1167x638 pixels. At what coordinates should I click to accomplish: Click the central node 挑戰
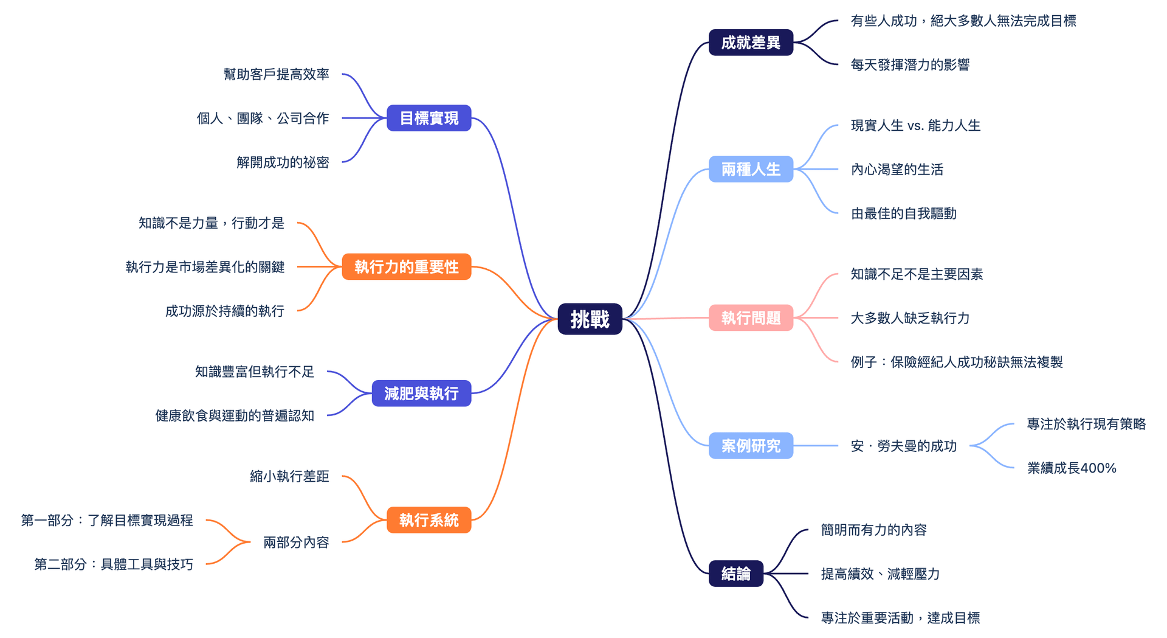[x=590, y=319]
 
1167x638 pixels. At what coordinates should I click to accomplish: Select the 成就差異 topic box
[x=751, y=43]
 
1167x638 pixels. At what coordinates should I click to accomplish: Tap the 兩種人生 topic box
[x=751, y=169]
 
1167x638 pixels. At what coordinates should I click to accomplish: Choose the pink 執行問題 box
[x=751, y=317]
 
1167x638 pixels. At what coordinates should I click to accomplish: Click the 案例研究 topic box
[x=751, y=446]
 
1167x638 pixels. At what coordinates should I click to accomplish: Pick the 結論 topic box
[x=735, y=574]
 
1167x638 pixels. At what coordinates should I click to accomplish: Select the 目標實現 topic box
[x=429, y=118]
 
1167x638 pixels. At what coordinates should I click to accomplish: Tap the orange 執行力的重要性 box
[x=406, y=266]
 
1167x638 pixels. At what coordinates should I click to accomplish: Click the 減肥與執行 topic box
[x=421, y=394]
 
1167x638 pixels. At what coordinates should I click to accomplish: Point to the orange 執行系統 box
[x=429, y=520]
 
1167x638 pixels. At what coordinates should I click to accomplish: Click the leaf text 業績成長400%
[x=1072, y=468]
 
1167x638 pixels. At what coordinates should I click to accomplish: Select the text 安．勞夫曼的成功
[x=904, y=446]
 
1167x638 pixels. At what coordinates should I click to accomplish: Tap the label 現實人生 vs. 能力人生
[x=915, y=126]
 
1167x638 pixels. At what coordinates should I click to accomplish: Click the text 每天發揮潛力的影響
[x=910, y=65]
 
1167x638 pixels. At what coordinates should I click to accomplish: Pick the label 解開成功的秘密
[x=283, y=162]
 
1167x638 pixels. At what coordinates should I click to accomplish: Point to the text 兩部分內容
[x=296, y=543]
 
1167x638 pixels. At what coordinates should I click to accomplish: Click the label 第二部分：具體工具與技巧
[x=114, y=564]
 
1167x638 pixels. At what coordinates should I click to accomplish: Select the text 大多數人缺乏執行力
[x=910, y=318]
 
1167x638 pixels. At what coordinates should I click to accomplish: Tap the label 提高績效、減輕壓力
[x=880, y=574]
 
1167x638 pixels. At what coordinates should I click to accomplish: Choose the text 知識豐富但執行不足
[x=255, y=372]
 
